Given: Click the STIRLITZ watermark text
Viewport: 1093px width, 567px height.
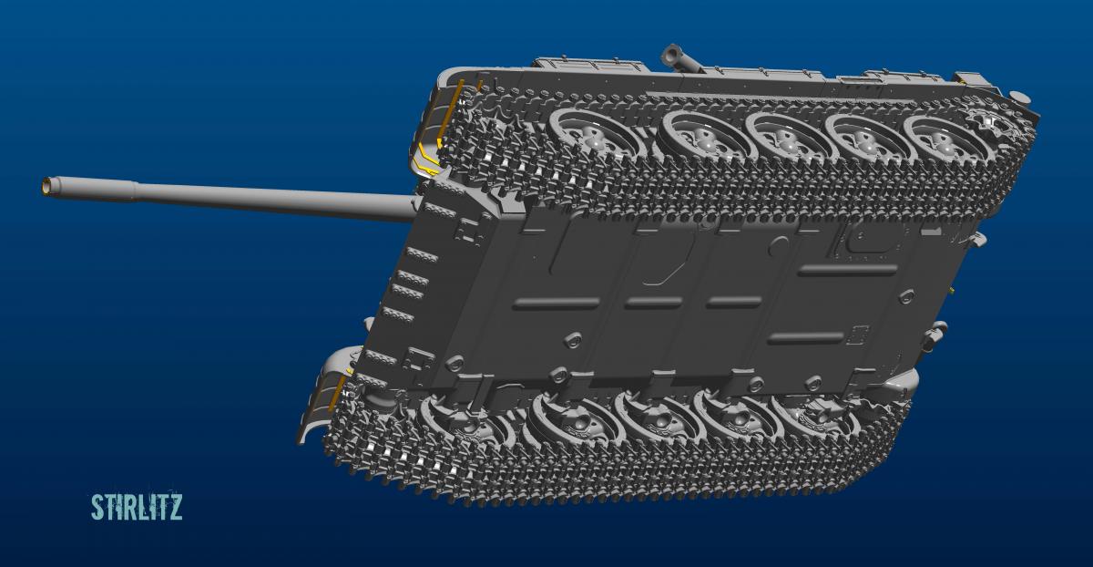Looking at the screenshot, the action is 137,507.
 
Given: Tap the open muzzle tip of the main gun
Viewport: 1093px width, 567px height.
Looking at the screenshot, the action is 47,186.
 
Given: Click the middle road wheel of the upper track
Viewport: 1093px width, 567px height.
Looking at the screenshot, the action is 785,138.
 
